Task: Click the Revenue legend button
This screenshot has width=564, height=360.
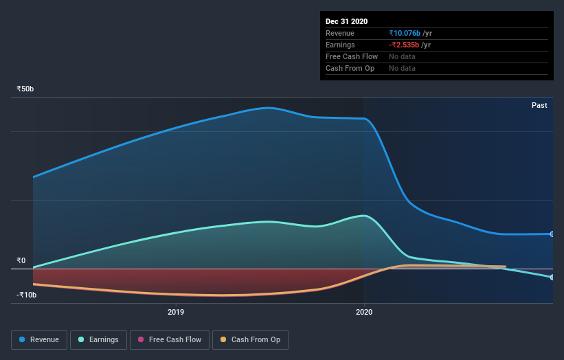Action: [40, 339]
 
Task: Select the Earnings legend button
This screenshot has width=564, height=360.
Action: [99, 339]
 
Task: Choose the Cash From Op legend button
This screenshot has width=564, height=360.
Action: [251, 339]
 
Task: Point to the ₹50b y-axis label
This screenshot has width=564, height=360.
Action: [25, 89]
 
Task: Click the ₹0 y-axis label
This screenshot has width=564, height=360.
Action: [21, 261]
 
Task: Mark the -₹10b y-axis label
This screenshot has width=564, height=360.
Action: [26, 295]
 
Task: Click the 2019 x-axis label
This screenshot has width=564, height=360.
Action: [176, 311]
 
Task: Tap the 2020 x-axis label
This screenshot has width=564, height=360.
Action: [364, 311]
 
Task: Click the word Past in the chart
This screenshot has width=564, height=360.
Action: [539, 105]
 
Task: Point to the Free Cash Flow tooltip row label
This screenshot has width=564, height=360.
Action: [352, 56]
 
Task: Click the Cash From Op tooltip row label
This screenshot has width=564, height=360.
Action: [350, 68]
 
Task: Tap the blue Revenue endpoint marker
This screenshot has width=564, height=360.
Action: [552, 234]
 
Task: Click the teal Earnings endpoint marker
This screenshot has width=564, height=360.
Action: [552, 277]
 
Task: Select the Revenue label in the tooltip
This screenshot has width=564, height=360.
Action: [340, 33]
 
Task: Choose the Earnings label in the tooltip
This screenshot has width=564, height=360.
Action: [341, 45]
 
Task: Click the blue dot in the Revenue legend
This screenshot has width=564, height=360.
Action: [23, 339]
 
